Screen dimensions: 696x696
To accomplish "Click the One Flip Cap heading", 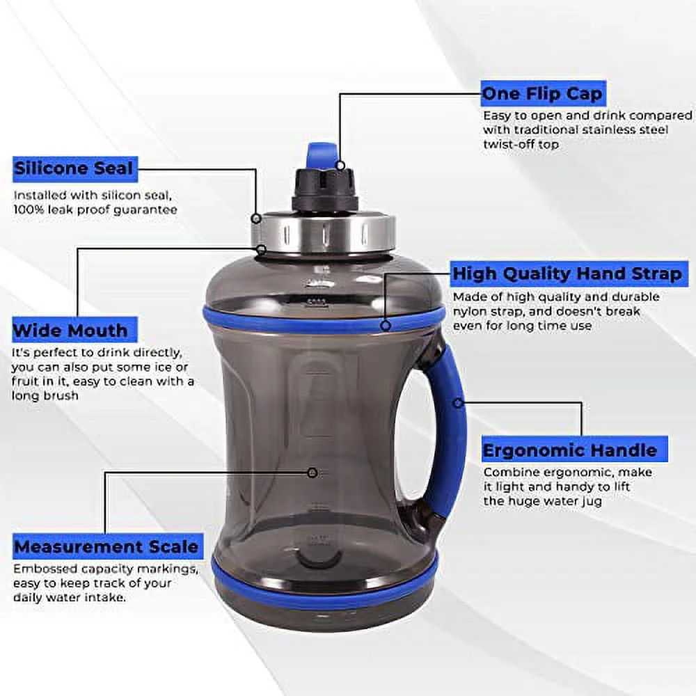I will [x=543, y=93].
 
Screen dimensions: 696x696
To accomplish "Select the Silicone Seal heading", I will [x=73, y=168].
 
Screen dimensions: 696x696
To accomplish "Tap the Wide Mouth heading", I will [x=70, y=330].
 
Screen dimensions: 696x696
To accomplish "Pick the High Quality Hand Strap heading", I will [x=567, y=274].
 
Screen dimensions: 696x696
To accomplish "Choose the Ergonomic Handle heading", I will [x=569, y=450].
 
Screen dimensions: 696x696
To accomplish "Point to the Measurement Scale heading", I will [x=106, y=546].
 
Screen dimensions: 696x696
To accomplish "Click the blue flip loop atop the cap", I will [x=322, y=154].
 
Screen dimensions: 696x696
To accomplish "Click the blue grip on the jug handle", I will [x=448, y=432].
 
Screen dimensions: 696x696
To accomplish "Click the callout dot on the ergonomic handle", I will [x=457, y=402].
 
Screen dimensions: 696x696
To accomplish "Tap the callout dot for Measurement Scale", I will [x=313, y=473].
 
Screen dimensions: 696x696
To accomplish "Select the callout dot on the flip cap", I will [x=340, y=165].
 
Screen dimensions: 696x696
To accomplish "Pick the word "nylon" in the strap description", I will [x=469, y=312].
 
